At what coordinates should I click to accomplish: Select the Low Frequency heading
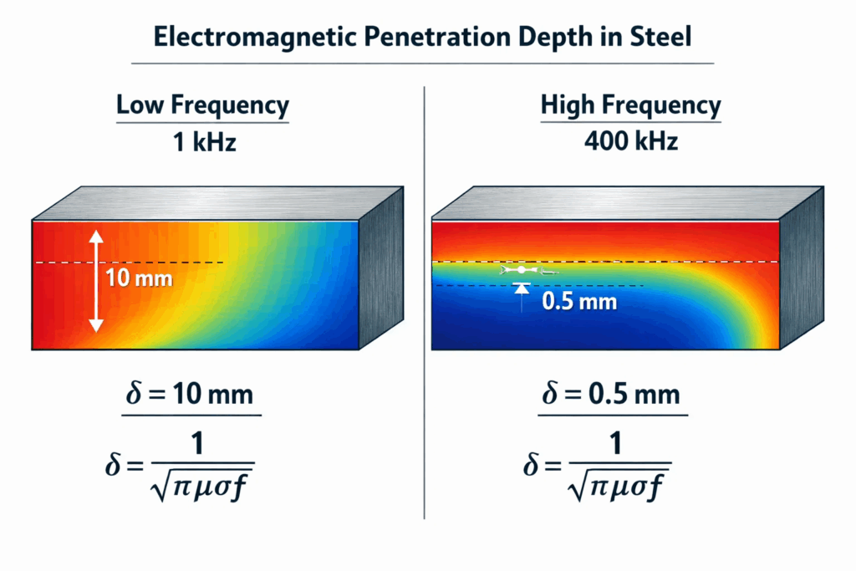click(202, 106)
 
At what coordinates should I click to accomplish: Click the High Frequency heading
click(630, 106)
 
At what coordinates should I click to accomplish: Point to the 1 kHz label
click(202, 142)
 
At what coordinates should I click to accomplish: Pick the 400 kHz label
click(630, 142)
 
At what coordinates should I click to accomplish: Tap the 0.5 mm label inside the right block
click(579, 300)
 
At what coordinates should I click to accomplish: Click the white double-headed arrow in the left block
click(96, 280)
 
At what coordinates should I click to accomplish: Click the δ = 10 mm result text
click(192, 395)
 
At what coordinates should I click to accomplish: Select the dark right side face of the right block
click(801, 276)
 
